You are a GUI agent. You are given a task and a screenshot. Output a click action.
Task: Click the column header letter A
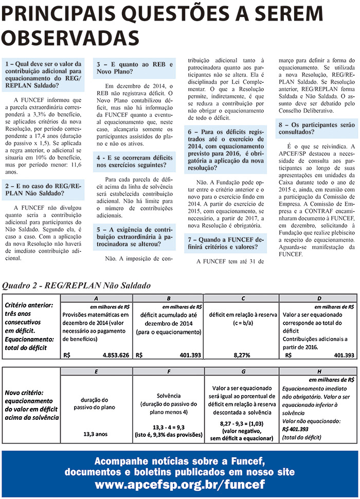pyautogui.click(x=97, y=298)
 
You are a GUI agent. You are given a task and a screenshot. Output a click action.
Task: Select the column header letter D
pyautogui.click(x=319, y=298)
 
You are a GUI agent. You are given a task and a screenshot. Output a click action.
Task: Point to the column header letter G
pyautogui.click(x=241, y=371)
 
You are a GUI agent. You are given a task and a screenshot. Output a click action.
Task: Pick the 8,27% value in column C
pyautogui.click(x=241, y=355)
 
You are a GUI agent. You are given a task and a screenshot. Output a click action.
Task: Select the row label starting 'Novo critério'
pyautogui.click(x=31, y=405)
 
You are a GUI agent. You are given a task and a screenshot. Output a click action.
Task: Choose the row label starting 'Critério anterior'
pyautogui.click(x=30, y=326)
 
